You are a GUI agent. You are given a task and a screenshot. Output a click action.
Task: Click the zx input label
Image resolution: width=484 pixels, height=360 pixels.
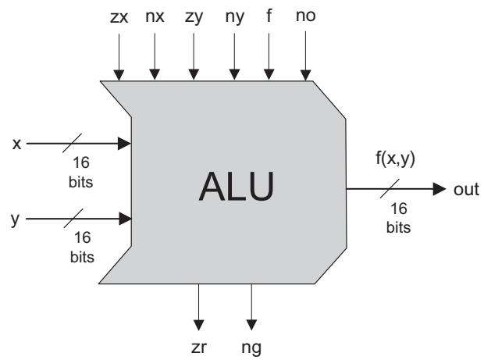click(x=119, y=16)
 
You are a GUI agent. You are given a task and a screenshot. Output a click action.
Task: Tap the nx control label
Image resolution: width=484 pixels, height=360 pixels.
click(x=155, y=16)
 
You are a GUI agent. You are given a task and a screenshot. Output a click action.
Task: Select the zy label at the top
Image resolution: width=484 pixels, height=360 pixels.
click(x=193, y=16)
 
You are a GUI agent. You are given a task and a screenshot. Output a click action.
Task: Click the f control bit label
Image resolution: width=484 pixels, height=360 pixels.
click(x=269, y=16)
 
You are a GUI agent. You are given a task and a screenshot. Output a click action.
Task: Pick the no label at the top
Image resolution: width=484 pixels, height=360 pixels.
click(x=306, y=16)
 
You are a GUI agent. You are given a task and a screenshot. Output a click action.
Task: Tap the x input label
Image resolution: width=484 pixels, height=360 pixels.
click(x=16, y=143)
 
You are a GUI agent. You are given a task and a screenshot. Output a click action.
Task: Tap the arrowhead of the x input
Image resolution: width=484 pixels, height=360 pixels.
click(x=124, y=144)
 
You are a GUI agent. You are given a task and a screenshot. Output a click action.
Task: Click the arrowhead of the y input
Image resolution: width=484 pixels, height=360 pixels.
click(x=124, y=219)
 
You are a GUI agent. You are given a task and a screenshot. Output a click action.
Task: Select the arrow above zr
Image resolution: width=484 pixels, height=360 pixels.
click(x=199, y=305)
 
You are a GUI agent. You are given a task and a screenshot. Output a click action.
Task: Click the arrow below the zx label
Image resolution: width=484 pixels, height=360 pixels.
click(x=119, y=55)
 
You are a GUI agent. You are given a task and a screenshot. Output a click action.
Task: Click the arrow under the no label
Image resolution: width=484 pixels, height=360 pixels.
click(x=306, y=55)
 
